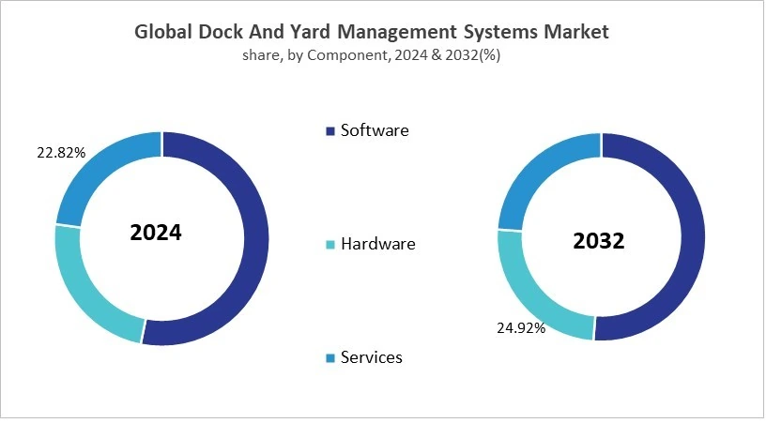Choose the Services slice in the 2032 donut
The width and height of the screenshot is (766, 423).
point(535,174)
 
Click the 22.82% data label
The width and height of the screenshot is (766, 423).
point(61,152)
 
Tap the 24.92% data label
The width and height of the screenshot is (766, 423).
point(521,328)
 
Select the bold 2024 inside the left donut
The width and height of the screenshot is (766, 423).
point(156,233)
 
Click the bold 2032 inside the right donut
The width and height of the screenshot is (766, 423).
point(599,241)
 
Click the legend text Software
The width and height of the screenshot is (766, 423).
point(375,130)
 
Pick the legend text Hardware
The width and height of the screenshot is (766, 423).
point(377,244)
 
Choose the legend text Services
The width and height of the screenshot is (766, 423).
point(372,357)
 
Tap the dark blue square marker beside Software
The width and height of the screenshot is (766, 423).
point(329,131)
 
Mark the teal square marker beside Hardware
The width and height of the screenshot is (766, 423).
point(329,245)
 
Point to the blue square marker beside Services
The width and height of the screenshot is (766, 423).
point(329,358)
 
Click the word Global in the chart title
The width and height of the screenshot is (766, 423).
point(164,32)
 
